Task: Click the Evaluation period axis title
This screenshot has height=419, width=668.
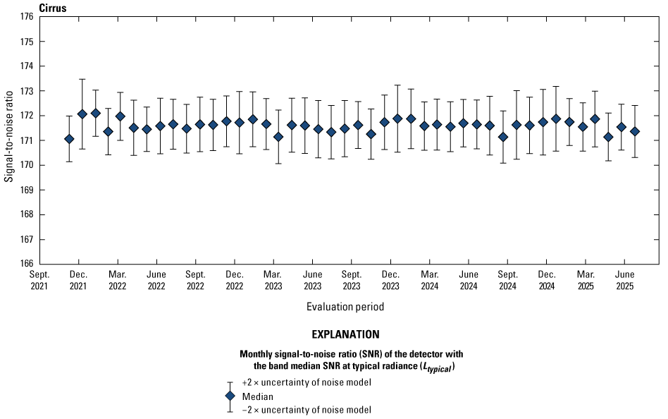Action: tap(345, 307)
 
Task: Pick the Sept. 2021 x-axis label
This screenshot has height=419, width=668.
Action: tap(39, 280)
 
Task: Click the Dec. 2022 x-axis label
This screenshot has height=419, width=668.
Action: tap(234, 280)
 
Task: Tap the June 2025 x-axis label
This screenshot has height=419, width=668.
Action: tap(624, 280)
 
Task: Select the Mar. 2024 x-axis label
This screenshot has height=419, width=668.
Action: tap(429, 280)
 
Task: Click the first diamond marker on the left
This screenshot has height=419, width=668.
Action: tap(69, 139)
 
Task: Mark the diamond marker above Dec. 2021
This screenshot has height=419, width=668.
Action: tap(82, 114)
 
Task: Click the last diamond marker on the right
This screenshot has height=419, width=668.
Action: tap(635, 131)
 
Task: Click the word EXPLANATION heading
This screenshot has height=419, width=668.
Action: tap(345, 334)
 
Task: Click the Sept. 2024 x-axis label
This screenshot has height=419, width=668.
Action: tap(507, 280)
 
